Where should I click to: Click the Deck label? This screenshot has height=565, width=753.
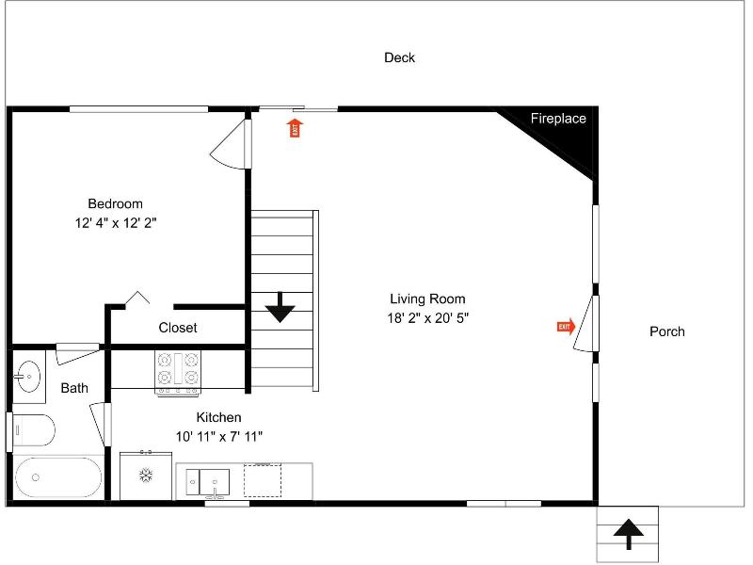pos(399,57)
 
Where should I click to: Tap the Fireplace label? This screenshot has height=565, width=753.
pos(558,119)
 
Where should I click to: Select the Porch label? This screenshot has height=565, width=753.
pos(667,331)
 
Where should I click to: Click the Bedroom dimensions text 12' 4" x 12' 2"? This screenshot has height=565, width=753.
pos(116,223)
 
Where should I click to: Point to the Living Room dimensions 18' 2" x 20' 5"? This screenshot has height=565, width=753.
pos(428,318)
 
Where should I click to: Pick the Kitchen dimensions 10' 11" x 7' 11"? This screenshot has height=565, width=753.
pos(219,436)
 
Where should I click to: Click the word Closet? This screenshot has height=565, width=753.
pos(178,328)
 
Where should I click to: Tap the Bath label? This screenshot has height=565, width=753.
pos(74,388)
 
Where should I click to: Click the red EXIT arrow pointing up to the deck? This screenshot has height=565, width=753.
pos(295,128)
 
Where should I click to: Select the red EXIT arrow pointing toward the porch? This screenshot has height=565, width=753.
pos(567,327)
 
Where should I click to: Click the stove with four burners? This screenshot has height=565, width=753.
pos(178,373)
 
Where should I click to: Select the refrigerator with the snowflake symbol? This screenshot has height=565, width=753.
pos(146,476)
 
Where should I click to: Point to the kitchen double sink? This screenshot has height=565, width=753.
pos(207,482)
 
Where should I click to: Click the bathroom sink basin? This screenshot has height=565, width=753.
pos(28,376)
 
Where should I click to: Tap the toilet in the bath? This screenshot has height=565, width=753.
pos(33,430)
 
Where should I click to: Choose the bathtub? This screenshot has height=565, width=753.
pos(58,477)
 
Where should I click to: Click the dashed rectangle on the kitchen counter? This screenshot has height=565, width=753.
pos(263,480)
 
